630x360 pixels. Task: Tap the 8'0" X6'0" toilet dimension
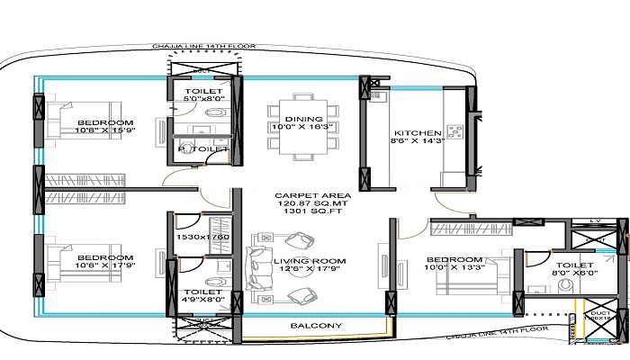point(572,275)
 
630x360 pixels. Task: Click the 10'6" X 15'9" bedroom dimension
point(105,130)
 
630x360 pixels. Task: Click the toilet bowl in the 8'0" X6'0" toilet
point(566,286)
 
